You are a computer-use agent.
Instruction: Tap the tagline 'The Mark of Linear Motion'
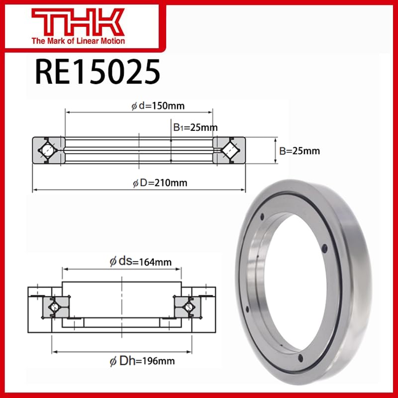click(x=79, y=41)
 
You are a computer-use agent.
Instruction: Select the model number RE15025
click(x=98, y=71)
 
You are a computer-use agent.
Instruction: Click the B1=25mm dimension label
click(x=195, y=127)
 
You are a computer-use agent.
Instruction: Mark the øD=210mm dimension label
click(x=160, y=183)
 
